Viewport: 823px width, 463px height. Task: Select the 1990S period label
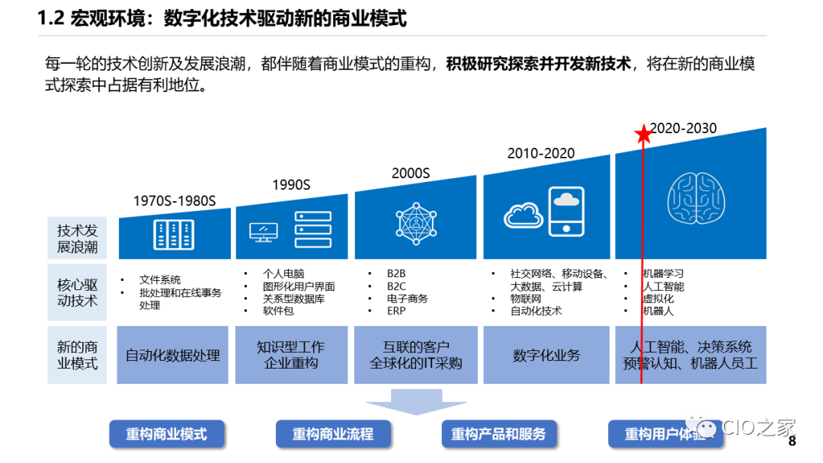pos(292,184)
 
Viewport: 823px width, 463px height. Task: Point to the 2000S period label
pos(411,173)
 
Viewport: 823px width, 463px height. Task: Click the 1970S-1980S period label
pos(175,201)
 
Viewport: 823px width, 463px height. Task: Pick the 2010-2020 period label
pos(541,153)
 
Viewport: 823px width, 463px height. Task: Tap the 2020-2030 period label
pos(684,128)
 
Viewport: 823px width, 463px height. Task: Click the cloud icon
pos(524,215)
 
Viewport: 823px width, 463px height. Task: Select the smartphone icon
pos(565,210)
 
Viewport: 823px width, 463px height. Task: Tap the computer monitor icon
pos(264,231)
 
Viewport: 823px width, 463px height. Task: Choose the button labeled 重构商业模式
pos(167,434)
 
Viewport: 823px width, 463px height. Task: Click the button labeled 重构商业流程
pos(333,434)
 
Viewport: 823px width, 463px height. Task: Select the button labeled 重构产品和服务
pos(498,434)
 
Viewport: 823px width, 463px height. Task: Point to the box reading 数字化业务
pos(546,356)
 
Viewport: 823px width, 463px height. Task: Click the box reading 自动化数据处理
pos(173,356)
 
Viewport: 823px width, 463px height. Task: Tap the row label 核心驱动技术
pos(78,292)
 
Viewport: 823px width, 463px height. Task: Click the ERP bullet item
pos(396,311)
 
